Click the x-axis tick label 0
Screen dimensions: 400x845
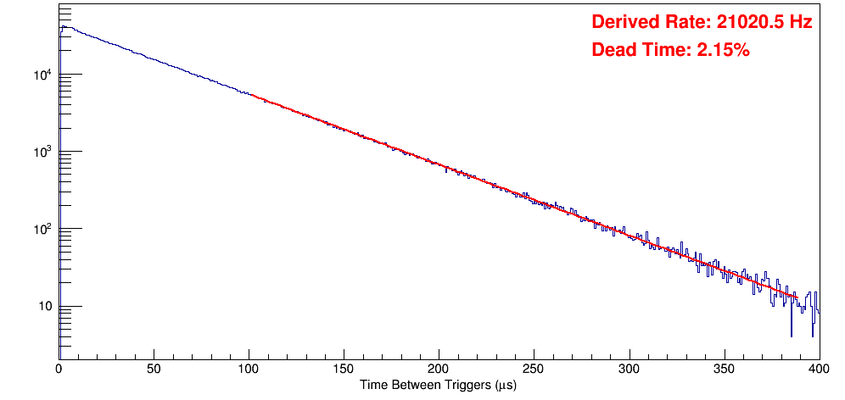(x=59, y=369)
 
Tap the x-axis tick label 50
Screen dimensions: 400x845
(x=154, y=369)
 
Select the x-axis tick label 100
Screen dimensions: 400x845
(x=249, y=369)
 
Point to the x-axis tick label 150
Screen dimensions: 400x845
(x=344, y=369)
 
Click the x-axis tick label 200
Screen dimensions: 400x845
(x=439, y=369)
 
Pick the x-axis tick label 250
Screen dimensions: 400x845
(x=534, y=369)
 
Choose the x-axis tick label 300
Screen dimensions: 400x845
(x=629, y=369)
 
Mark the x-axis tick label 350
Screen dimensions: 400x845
(x=724, y=369)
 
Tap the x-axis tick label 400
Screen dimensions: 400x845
(x=817, y=369)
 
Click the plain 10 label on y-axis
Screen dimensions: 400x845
(x=45, y=307)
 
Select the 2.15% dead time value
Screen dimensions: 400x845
(x=723, y=50)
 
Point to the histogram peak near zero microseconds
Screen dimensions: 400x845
(x=63, y=26)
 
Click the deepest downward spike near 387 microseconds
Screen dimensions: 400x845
(x=792, y=336)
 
